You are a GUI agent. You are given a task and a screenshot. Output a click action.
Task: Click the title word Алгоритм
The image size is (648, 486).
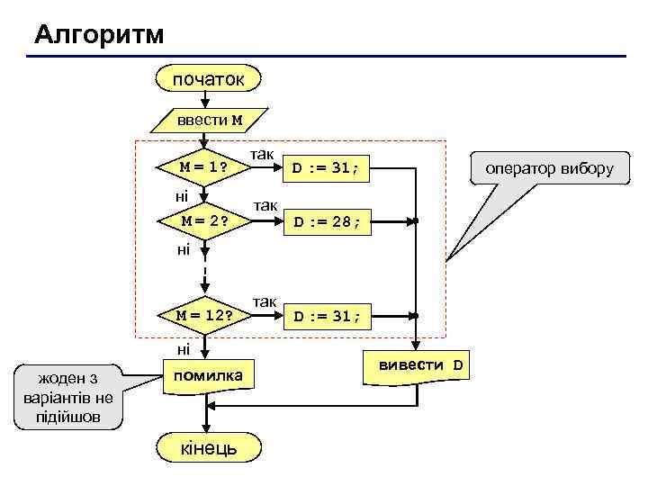click(x=99, y=35)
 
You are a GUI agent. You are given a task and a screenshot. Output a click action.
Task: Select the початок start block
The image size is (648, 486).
click(x=209, y=79)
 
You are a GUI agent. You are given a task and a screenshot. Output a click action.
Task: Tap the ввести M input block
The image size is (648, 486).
click(x=209, y=120)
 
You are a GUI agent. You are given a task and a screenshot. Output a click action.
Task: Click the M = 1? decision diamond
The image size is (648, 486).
click(x=203, y=166)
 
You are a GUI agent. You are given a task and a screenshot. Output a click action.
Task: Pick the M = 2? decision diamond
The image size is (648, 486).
click(x=204, y=220)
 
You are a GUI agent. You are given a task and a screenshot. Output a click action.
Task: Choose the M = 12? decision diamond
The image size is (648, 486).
click(x=204, y=315)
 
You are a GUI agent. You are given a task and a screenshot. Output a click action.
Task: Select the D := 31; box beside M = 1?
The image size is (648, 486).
click(x=326, y=167)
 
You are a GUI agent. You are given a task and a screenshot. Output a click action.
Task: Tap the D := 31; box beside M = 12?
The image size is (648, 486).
click(x=326, y=316)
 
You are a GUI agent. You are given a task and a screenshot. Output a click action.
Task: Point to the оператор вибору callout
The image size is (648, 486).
click(x=549, y=168)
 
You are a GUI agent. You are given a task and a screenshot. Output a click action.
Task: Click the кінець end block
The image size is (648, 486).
click(x=209, y=447)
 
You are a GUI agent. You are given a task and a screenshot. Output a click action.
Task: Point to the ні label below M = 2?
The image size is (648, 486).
click(x=183, y=248)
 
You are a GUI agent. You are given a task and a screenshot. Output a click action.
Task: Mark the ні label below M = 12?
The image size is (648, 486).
click(x=183, y=348)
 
